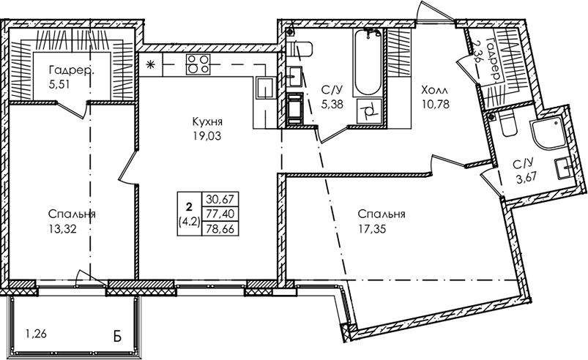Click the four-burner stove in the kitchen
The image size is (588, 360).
(x=198, y=64)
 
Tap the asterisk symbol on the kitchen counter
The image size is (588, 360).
(x=150, y=65)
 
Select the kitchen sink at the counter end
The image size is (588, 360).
(x=266, y=88)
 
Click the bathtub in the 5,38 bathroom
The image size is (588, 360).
(x=368, y=62)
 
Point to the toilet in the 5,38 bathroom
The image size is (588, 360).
(x=302, y=49)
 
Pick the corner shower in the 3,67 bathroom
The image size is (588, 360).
(x=546, y=133)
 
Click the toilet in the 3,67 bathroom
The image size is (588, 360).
(x=509, y=124)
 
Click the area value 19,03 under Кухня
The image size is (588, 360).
(x=207, y=136)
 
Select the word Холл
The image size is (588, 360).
(x=434, y=90)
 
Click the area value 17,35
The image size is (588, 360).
(x=372, y=228)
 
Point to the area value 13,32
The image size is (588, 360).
(x=62, y=228)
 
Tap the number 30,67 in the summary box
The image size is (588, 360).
(x=220, y=199)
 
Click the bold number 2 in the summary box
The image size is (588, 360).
(x=189, y=206)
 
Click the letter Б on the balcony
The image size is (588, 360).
(x=117, y=337)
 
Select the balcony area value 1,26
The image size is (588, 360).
(x=36, y=333)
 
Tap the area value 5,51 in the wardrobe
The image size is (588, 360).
(x=59, y=84)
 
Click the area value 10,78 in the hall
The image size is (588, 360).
(x=436, y=104)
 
